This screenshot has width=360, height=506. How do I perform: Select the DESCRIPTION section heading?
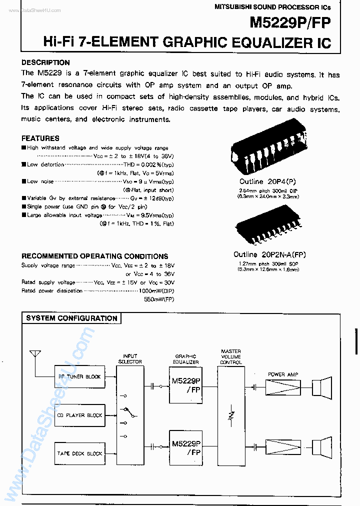pos(45,62)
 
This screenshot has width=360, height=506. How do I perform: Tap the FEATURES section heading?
pos(40,138)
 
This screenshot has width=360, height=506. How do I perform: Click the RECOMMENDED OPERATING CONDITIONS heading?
pos(94,256)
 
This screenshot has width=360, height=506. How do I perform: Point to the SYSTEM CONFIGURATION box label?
pos(71,318)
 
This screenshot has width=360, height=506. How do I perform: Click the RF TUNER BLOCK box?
pos(80,376)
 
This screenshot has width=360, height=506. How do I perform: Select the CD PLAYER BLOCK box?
pos(80,415)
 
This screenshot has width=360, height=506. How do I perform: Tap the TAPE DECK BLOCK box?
pos(80,453)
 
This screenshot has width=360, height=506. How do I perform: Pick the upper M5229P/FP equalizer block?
pos(186,384)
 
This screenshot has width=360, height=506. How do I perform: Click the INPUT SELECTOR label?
pos(130,358)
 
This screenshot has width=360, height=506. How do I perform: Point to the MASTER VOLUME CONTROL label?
pos(230,357)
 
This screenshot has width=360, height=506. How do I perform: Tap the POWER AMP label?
pos(283,374)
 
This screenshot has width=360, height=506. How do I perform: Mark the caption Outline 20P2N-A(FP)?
pos(269,254)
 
